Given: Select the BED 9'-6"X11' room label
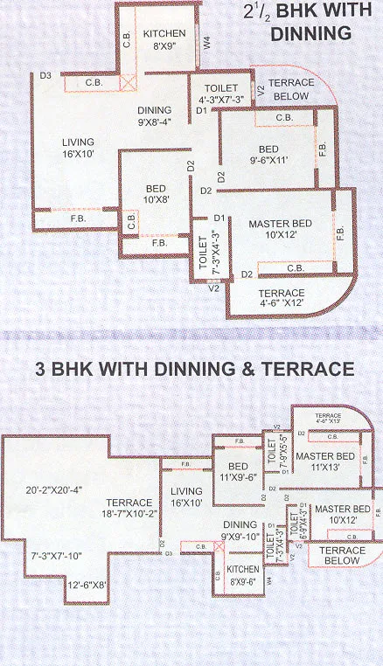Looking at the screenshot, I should coord(265,155).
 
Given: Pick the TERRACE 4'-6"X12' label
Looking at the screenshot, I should coord(280,298).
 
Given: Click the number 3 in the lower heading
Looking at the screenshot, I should coord(40,370).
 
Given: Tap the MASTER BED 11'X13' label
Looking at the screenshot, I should coord(324,461).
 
